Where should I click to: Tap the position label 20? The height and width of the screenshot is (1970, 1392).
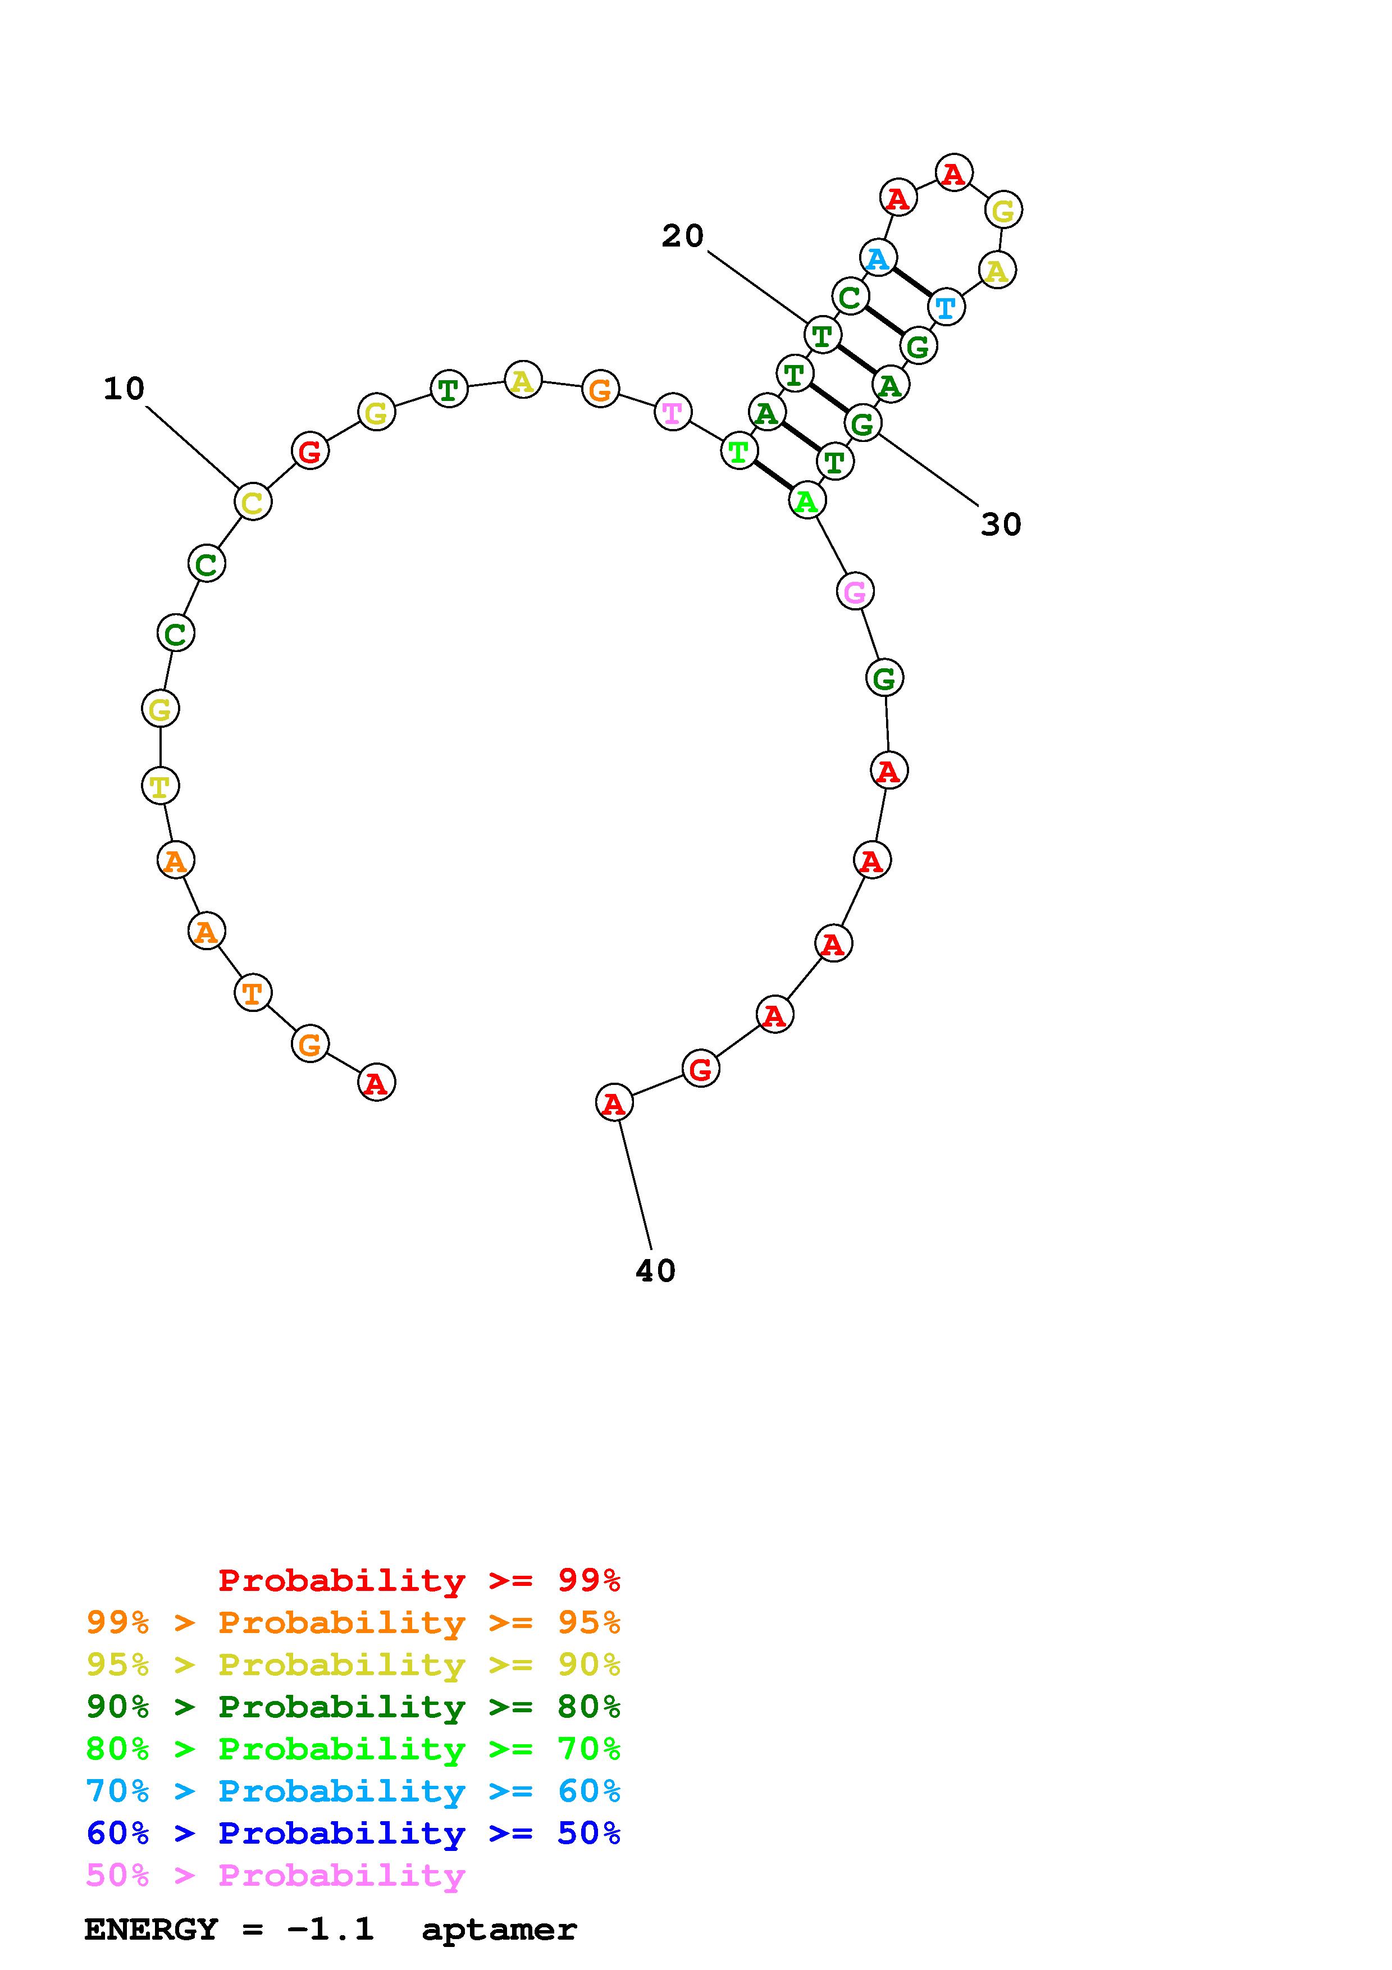[683, 236]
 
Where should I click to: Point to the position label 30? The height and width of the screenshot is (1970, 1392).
[1001, 525]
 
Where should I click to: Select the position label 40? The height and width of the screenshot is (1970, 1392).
[656, 1271]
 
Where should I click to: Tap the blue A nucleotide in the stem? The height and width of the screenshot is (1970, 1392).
[878, 257]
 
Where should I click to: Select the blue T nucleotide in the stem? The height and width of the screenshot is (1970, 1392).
[945, 306]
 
